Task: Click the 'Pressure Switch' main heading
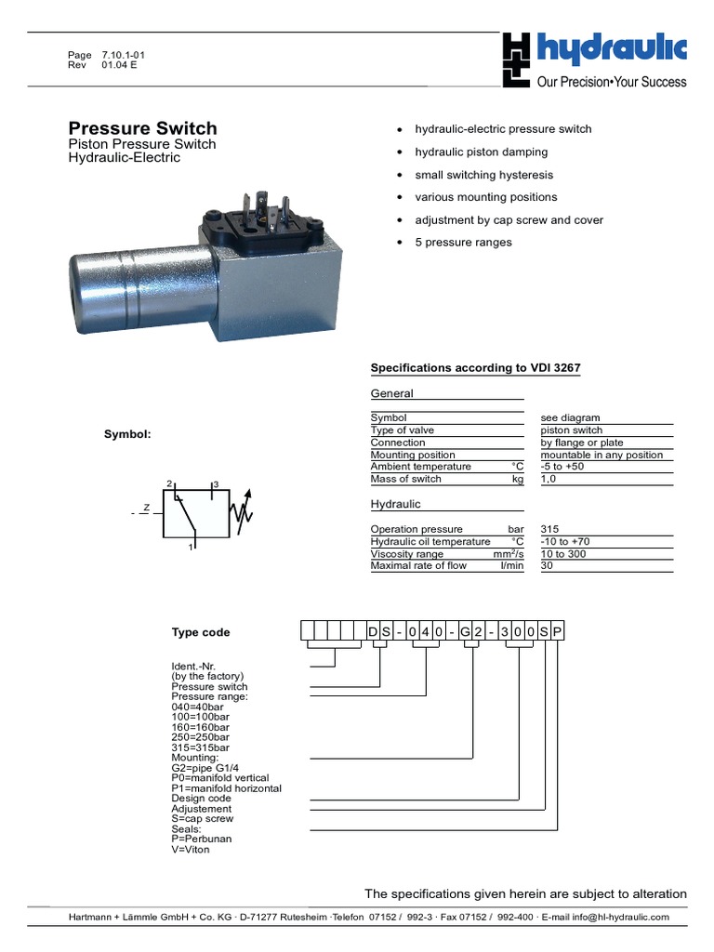(x=143, y=128)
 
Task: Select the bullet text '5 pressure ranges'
(x=463, y=243)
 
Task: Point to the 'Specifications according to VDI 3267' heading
(x=475, y=368)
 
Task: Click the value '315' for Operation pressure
(x=550, y=529)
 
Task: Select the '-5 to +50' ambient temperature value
(x=563, y=467)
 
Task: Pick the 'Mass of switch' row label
(x=406, y=479)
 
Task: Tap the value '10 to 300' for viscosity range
(x=563, y=553)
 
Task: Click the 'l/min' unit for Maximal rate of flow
(x=512, y=565)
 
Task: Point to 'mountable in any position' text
(x=602, y=455)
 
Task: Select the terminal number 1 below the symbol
(x=191, y=548)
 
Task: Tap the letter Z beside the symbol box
(x=146, y=509)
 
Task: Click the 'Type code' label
(x=200, y=632)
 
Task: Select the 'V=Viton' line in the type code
(x=191, y=850)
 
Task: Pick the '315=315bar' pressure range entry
(x=200, y=747)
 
